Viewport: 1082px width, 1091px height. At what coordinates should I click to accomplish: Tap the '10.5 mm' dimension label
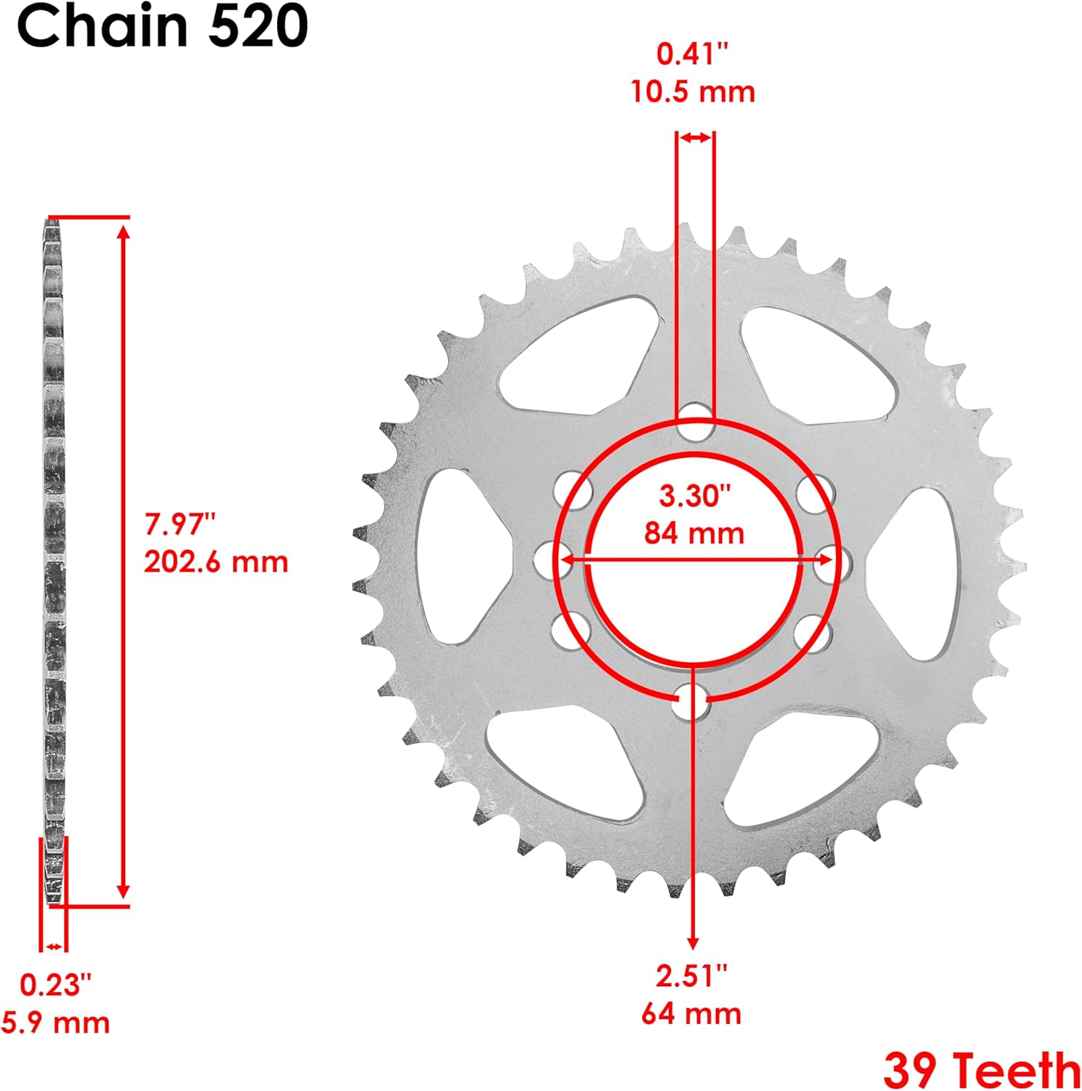pos(692,92)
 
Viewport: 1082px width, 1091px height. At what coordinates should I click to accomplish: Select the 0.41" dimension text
pos(692,54)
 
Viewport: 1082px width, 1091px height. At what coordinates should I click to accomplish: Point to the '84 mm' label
pos(694,533)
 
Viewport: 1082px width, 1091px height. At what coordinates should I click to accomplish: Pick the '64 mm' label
pos(691,1013)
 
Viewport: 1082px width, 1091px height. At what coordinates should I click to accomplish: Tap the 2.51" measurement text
pos(691,975)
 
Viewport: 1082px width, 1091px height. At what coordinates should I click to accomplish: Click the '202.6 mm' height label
pos(216,562)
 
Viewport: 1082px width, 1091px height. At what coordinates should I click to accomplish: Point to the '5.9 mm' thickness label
pos(56,1023)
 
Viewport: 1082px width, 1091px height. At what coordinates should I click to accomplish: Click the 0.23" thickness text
pos(56,985)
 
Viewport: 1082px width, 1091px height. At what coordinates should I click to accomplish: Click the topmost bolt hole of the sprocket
pos(695,422)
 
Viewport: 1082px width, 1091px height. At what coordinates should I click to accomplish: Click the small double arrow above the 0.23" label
pos(53,946)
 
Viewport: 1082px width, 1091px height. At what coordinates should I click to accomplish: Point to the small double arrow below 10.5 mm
pos(696,137)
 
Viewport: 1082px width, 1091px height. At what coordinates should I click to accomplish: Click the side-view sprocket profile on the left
pos(53,560)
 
